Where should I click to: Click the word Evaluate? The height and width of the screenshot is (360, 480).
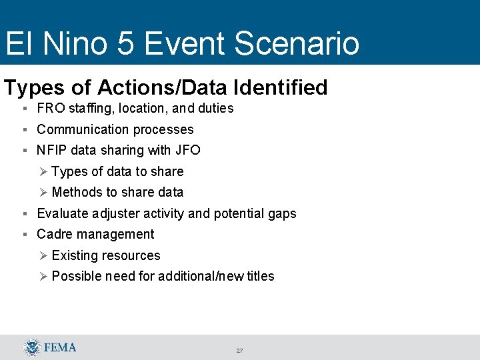[63, 213]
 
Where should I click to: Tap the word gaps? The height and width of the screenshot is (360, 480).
[281, 213]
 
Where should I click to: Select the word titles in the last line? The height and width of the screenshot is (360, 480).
[259, 276]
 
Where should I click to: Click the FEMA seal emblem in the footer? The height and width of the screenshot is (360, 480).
[31, 347]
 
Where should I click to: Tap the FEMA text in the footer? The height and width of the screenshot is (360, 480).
[61, 347]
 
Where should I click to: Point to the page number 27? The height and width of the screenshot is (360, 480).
[239, 351]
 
